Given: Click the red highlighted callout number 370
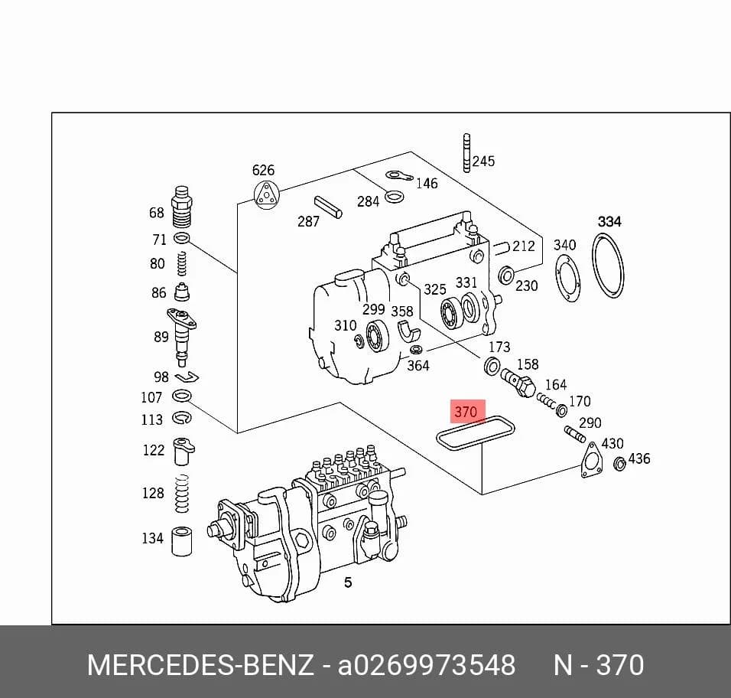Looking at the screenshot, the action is pos(466,412).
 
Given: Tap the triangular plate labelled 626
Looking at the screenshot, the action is pos(266,194).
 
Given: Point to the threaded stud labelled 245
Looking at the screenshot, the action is pos(466,152).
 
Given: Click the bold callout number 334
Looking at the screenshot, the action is pos(609,221).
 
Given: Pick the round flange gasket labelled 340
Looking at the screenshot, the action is pos(568,280).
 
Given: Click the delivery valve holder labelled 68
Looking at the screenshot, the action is pos(182,207).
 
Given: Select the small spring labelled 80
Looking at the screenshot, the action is pos(183,263).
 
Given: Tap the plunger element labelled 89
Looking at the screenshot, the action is pos(181,335).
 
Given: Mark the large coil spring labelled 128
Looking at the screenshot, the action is pos(182,494).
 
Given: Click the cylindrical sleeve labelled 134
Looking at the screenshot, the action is pos(182,541).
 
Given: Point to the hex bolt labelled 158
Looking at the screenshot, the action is pos(518,383).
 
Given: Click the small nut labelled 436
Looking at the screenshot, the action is pos(619,465).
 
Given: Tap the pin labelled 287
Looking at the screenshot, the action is pos(328,207).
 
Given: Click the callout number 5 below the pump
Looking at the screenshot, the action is pos(348,582).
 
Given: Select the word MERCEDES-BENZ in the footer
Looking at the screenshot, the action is pos(200,664).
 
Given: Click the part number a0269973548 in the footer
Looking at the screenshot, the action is pos(427,664).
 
